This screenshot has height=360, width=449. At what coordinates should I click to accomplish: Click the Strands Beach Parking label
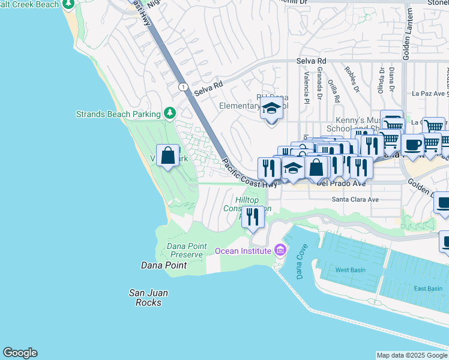pyautogui.click(x=118, y=114)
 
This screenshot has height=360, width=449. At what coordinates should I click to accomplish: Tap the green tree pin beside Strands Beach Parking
pyautogui.click(x=170, y=113)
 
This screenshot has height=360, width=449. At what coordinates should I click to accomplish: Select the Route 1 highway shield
pyautogui.click(x=182, y=87)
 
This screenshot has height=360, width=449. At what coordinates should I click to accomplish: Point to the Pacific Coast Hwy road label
pyautogui.click(x=249, y=173)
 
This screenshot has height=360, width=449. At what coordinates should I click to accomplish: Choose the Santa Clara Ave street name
pyautogui.click(x=355, y=199)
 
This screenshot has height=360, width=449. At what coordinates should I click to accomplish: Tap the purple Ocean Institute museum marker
pyautogui.click(x=279, y=250)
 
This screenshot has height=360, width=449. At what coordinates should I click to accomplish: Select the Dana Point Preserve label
pyautogui.click(x=186, y=250)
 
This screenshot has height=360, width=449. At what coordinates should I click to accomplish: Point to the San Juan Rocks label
pyautogui.click(x=148, y=298)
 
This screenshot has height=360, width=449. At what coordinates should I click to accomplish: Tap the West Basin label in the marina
pyautogui.click(x=350, y=270)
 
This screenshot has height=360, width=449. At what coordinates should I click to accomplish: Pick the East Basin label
pyautogui.click(x=428, y=289)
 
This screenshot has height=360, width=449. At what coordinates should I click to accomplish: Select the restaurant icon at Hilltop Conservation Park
pyautogui.click(x=253, y=217)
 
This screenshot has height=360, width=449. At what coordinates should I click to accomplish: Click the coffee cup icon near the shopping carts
pyautogui.click(x=412, y=145)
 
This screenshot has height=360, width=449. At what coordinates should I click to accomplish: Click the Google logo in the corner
pyautogui.click(x=20, y=353)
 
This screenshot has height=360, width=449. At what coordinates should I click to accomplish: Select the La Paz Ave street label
pyautogui.click(x=427, y=94)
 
